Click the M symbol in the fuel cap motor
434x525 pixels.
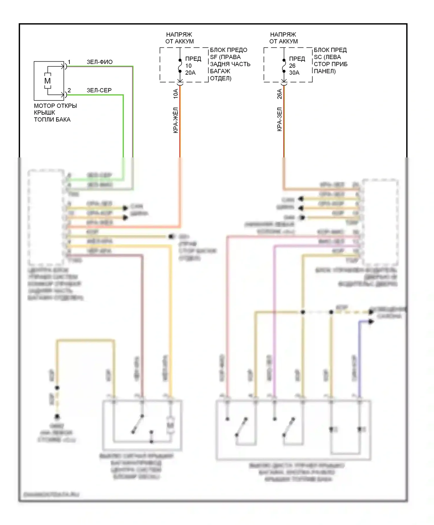(x=47, y=81)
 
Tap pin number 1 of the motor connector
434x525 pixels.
(x=69, y=62)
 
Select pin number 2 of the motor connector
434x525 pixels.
(x=69, y=90)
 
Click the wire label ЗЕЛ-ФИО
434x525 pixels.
(x=100, y=62)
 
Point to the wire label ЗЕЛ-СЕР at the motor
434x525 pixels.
(x=99, y=90)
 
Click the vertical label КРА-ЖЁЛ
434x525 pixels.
(x=175, y=120)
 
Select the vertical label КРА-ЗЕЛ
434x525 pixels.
(x=279, y=119)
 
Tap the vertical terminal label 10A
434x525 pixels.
(x=175, y=94)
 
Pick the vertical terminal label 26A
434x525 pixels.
(x=279, y=94)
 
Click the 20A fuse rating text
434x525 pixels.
(x=190, y=73)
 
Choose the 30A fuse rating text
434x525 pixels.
(x=294, y=73)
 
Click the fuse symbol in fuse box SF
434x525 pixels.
(x=180, y=66)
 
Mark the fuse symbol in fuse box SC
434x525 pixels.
(x=284, y=66)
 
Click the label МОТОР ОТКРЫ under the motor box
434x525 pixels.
(x=55, y=106)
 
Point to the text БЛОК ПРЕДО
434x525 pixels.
(x=229, y=50)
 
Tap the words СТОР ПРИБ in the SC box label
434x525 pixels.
(x=330, y=64)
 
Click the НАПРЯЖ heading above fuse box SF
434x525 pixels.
(x=179, y=34)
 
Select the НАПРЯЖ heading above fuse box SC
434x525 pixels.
(x=283, y=34)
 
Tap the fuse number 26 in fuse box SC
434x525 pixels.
(x=292, y=66)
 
